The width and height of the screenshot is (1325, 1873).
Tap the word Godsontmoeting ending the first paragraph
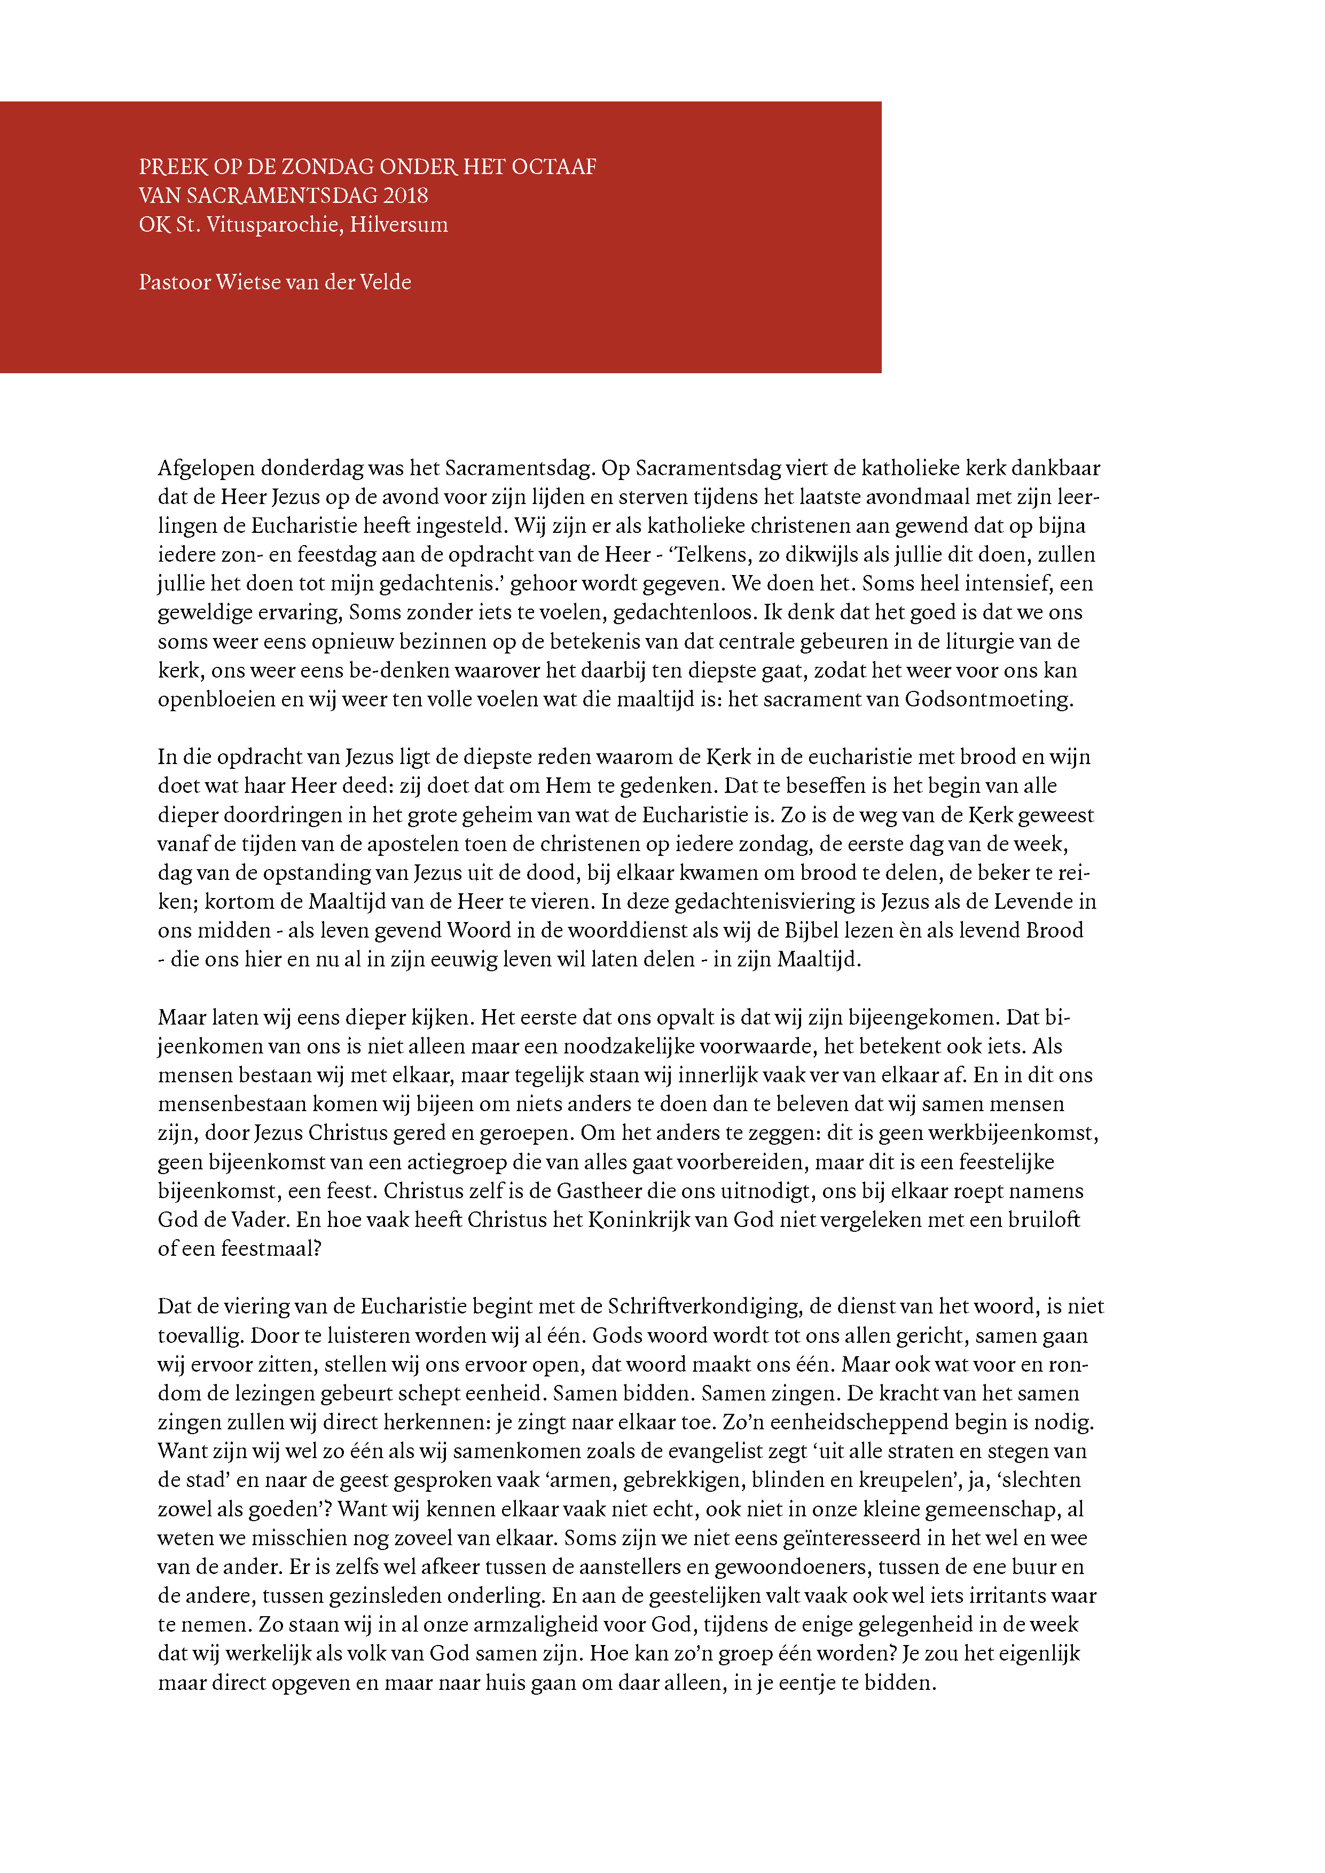click(989, 699)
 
